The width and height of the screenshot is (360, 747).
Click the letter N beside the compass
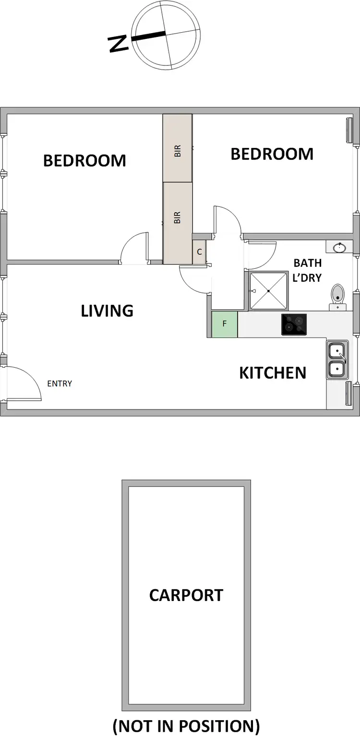pos(119,44)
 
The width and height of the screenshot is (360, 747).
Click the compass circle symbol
pos(166,34)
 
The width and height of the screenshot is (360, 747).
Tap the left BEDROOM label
pos(84,160)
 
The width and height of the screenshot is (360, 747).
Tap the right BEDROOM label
pos(272,154)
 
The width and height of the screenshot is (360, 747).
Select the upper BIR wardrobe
pos(178,148)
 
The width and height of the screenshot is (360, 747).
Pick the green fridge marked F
pos(224,324)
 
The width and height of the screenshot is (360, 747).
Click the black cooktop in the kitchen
pos(294,324)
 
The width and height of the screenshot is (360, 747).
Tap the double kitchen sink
pos(337,360)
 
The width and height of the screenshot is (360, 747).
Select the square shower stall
pos(268,290)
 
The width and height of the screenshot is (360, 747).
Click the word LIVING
pos(107,311)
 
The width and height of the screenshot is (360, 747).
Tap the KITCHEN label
pos(273,373)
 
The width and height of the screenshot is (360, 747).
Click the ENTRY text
pos(60,384)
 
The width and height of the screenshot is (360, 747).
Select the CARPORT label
pos(186,595)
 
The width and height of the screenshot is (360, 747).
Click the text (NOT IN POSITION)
pos(186,726)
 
